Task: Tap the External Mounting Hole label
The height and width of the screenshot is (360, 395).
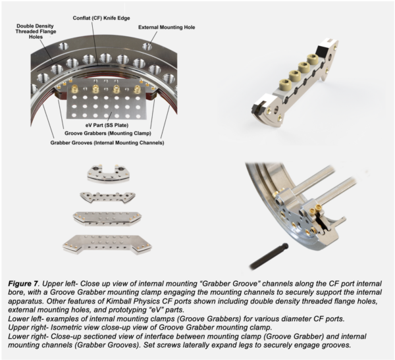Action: (168, 28)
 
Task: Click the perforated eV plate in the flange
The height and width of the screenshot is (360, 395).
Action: (106, 102)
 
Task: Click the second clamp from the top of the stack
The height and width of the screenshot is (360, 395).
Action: (107, 197)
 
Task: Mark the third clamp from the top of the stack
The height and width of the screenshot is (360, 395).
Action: (107, 219)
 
